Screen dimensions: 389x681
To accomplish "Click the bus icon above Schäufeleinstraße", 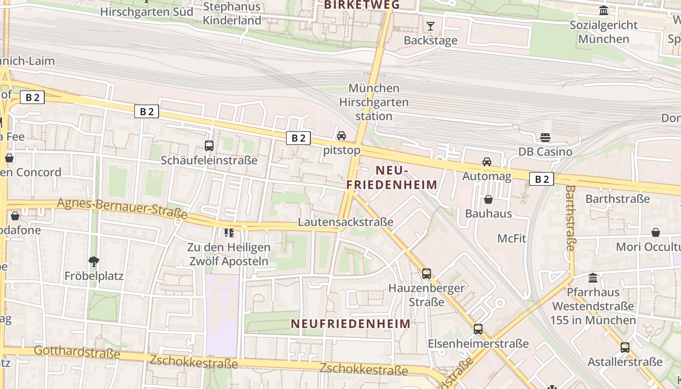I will pyautogui.click(x=209, y=145).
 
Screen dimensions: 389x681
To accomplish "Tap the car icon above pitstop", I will pyautogui.click(x=341, y=136).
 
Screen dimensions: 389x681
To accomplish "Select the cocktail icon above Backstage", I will pyautogui.click(x=430, y=26).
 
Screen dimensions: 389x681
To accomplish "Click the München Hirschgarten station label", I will pyautogui.click(x=374, y=102).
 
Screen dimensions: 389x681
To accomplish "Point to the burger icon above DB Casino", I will pyautogui.click(x=545, y=138).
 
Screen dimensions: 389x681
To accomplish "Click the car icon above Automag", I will pyautogui.click(x=486, y=162).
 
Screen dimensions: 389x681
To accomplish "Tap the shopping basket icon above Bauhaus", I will pyautogui.click(x=488, y=199).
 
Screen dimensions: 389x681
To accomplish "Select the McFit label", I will pyautogui.click(x=512, y=238).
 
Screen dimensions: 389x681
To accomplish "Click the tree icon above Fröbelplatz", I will pyautogui.click(x=94, y=262).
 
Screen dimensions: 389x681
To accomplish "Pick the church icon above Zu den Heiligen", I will pyautogui.click(x=229, y=233).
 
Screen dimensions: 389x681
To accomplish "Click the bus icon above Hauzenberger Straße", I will pyautogui.click(x=427, y=274).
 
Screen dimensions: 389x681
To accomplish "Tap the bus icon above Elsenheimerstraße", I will pyautogui.click(x=478, y=329).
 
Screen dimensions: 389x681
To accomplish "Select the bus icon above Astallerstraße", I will pyautogui.click(x=625, y=348).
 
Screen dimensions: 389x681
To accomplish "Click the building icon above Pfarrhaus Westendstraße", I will pyautogui.click(x=593, y=278).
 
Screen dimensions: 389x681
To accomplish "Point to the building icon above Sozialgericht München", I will pyautogui.click(x=604, y=11).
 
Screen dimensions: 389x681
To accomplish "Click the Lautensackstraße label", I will pyautogui.click(x=345, y=222).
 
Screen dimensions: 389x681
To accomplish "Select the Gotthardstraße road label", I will pyautogui.click(x=77, y=352).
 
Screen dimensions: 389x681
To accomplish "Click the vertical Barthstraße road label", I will pyautogui.click(x=571, y=217).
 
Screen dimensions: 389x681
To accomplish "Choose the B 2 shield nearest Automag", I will pyautogui.click(x=541, y=179).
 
